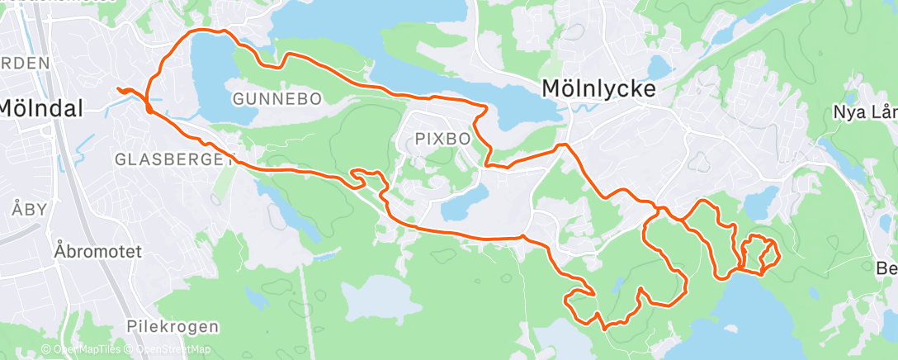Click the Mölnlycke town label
598,89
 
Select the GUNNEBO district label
276,99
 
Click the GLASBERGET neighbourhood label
174,159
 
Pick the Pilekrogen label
173,326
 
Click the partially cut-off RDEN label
25,63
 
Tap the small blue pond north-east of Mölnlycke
659,65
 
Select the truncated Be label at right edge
886,269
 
